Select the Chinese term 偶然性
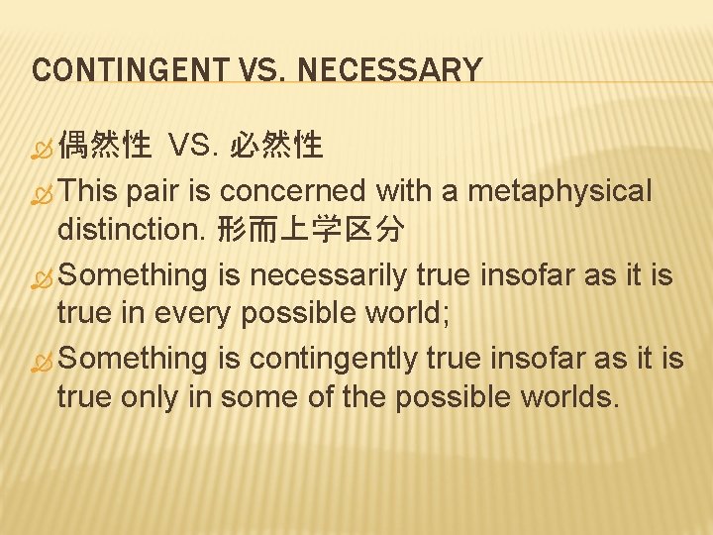(104, 148)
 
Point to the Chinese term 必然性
(276, 148)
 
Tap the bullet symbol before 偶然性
(43, 149)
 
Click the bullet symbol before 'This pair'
(43, 191)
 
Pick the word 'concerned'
(298, 190)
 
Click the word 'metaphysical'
(560, 190)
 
